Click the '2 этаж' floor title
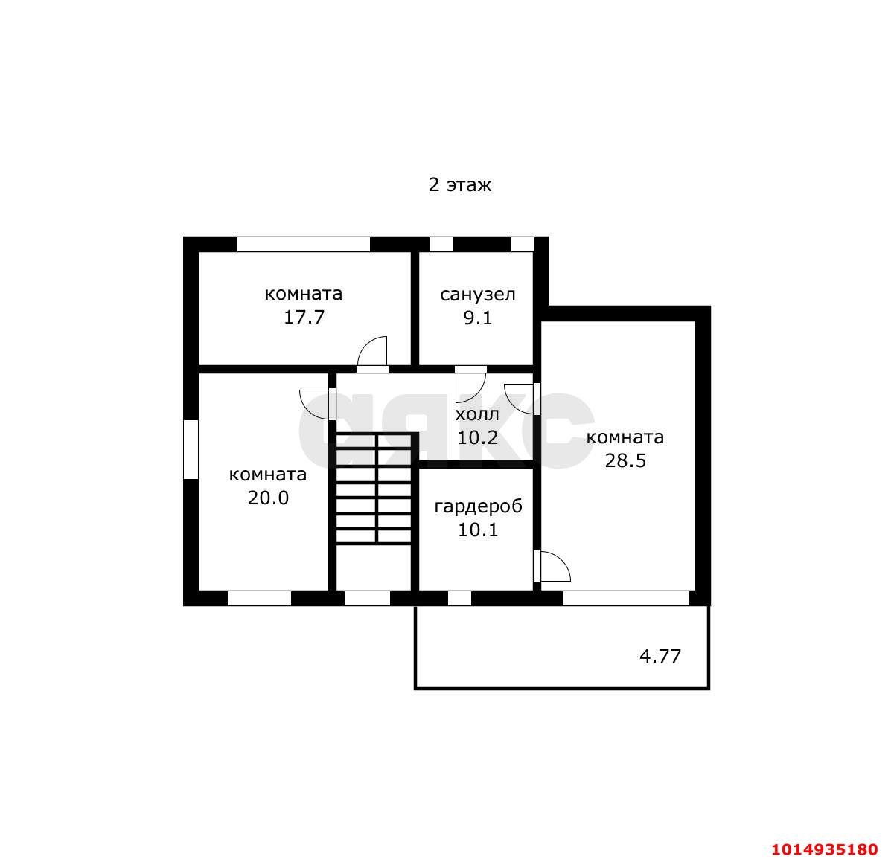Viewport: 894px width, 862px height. (x=460, y=185)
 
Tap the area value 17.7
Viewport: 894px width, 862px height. (x=304, y=317)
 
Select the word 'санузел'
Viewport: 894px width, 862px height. (x=478, y=295)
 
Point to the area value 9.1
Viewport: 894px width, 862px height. (x=478, y=318)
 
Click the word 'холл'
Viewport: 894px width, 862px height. (x=477, y=415)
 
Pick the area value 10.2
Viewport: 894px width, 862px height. (x=478, y=437)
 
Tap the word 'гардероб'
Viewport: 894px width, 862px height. (x=478, y=506)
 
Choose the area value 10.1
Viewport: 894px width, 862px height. (x=478, y=530)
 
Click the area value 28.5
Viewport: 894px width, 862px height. (x=625, y=460)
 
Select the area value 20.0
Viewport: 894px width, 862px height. (x=268, y=498)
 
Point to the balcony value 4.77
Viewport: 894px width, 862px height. (x=660, y=657)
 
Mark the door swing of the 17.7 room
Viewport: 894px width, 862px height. (x=372, y=352)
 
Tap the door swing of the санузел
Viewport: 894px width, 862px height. (x=470, y=387)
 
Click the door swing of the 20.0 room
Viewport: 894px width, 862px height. (x=314, y=405)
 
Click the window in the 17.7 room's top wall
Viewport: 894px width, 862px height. (x=304, y=244)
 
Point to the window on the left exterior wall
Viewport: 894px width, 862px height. (x=191, y=449)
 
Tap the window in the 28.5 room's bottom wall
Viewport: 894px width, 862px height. (x=626, y=599)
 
